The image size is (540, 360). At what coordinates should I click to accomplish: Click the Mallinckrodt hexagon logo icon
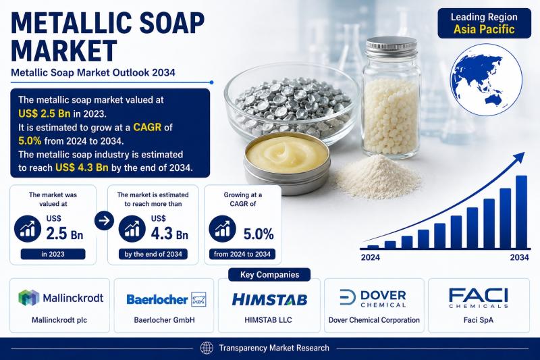[x=29, y=298]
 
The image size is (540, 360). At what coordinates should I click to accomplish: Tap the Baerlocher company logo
[x=166, y=299]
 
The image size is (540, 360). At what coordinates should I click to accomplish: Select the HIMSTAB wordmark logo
[x=269, y=299]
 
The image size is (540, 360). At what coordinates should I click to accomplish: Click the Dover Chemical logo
[x=373, y=299]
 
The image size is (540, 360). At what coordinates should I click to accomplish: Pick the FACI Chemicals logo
[x=479, y=298]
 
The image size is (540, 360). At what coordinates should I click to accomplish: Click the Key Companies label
[x=269, y=275]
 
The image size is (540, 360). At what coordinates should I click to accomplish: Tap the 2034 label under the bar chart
[x=519, y=257]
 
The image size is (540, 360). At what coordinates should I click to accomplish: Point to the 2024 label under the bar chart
[x=371, y=257]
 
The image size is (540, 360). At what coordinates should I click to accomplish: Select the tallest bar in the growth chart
[x=521, y=212]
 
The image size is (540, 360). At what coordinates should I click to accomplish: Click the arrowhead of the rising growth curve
[x=520, y=157]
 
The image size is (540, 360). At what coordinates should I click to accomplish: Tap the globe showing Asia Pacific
[x=486, y=80]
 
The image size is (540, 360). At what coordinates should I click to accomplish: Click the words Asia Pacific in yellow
[x=484, y=29]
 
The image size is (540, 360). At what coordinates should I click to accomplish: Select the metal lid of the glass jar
[x=391, y=47]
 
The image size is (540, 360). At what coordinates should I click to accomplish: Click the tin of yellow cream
[x=287, y=163]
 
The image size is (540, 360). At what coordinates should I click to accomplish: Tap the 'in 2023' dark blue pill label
[x=53, y=254]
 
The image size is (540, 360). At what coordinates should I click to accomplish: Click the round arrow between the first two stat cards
[x=104, y=220]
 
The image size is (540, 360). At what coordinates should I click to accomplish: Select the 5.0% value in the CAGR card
[x=259, y=234]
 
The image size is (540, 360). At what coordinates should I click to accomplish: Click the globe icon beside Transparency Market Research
[x=207, y=348]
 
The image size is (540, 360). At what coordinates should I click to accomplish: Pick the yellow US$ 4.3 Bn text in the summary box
[x=82, y=168]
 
